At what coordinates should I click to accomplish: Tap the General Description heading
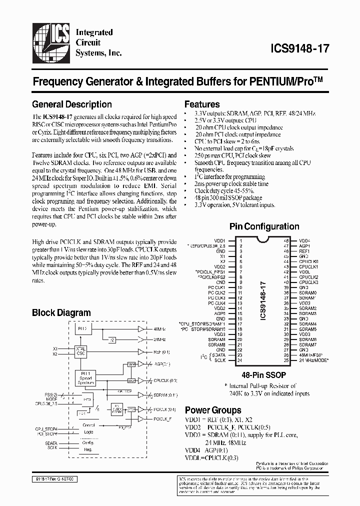tap(71, 104)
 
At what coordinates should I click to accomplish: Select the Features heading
tap(202, 104)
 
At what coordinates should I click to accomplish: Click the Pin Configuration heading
tap(264, 226)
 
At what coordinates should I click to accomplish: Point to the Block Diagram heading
tap(61, 313)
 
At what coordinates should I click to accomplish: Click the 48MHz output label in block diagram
tap(160, 329)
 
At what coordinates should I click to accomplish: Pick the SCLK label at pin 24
tap(220, 360)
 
